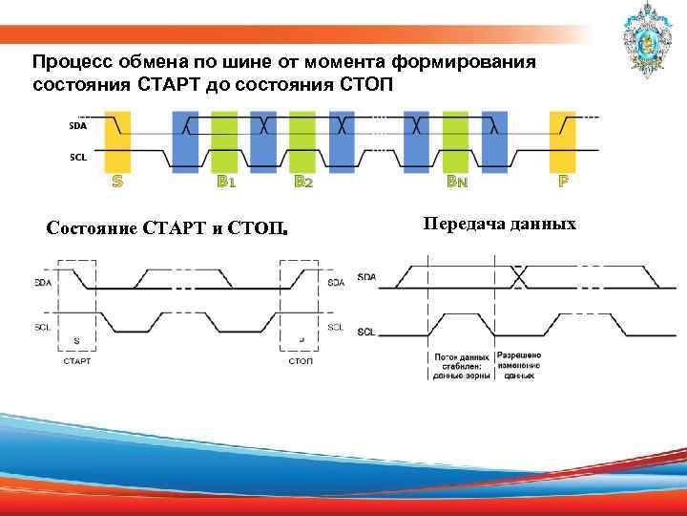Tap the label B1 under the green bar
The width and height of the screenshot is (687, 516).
[x=225, y=181]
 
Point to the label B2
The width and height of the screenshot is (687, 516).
[x=303, y=181]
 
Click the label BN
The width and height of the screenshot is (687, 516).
[x=458, y=181]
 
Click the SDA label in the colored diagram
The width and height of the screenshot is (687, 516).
[x=77, y=125]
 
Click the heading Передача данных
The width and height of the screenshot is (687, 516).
[x=498, y=224]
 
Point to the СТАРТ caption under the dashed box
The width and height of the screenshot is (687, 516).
[x=76, y=360]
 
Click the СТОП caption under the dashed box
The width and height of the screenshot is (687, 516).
[x=302, y=360]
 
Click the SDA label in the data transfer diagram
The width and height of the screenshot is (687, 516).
[x=366, y=277]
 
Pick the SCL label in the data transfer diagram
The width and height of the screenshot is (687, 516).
[x=366, y=332]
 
